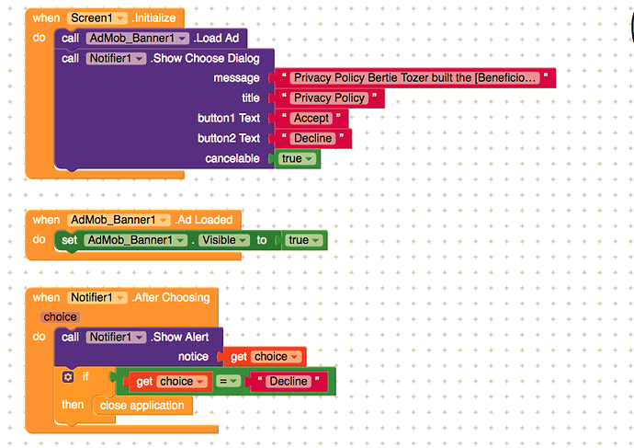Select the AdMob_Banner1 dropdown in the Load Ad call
(x=138, y=39)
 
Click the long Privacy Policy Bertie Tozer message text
(x=413, y=78)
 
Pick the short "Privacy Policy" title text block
(x=329, y=98)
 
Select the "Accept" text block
(x=311, y=119)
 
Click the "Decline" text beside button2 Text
(x=313, y=139)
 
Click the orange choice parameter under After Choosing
(x=61, y=317)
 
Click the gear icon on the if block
(x=67, y=377)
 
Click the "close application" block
(x=142, y=405)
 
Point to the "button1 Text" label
(x=229, y=119)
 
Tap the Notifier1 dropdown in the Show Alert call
(x=117, y=337)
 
